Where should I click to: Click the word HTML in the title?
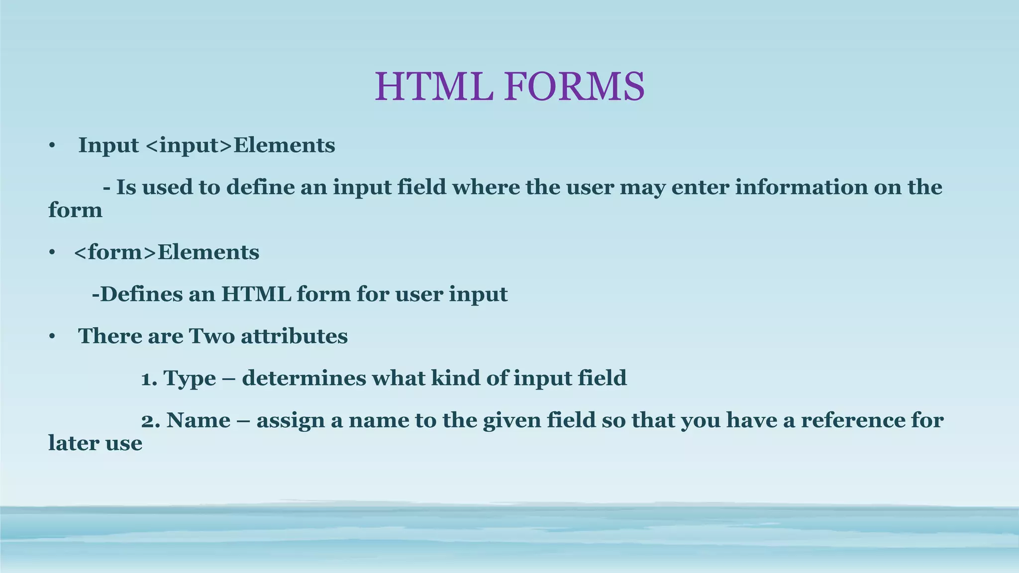pos(434,87)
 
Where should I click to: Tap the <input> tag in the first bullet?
pos(190,146)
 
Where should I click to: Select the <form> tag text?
pos(115,252)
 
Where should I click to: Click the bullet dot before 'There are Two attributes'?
pos(51,337)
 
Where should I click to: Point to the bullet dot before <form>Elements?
pos(51,253)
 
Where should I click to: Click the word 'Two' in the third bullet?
pos(211,336)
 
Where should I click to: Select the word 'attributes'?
pos(295,337)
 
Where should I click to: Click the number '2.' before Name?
pos(150,421)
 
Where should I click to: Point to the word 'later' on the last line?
pos(74,443)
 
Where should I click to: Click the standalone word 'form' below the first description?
pos(75,211)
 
